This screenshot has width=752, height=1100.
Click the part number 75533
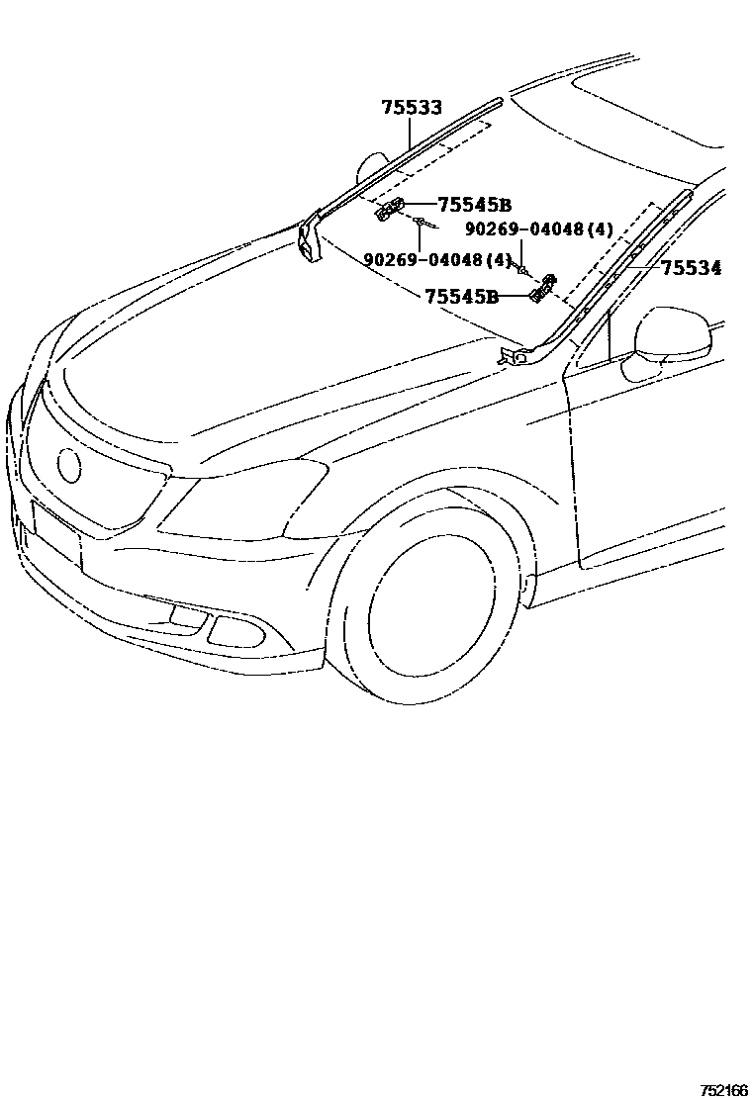click(412, 109)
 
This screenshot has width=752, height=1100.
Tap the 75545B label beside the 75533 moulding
click(474, 205)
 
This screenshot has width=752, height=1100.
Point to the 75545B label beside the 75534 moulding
click(461, 296)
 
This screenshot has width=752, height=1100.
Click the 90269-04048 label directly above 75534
click(539, 229)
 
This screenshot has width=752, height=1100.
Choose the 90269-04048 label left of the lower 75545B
click(437, 260)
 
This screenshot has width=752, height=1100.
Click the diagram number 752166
click(723, 1090)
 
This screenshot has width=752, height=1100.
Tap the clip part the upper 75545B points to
click(389, 210)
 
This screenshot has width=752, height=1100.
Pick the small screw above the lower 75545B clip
click(522, 269)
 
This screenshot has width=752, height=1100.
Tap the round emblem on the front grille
click(70, 465)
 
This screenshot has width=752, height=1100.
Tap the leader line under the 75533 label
click(412, 135)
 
